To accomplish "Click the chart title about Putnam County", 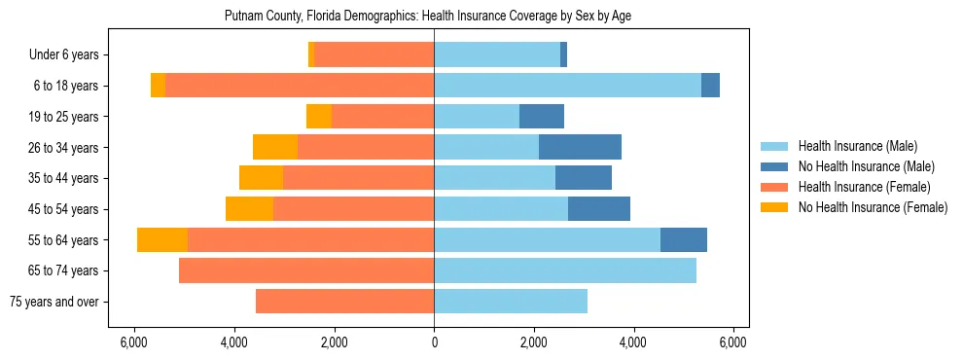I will click(435, 17).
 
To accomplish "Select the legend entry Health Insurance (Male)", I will click(857, 146).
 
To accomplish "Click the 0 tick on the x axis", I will click(434, 342).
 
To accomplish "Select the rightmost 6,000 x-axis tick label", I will click(732, 342).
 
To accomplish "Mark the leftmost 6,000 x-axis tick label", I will click(134, 342).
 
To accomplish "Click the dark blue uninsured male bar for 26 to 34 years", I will click(580, 147).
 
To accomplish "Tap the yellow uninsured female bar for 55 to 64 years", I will click(162, 239).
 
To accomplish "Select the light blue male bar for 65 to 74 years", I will click(565, 270).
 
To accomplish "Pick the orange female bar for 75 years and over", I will click(344, 302).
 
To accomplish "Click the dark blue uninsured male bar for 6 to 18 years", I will click(710, 86).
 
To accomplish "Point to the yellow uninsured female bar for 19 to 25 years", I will click(319, 117).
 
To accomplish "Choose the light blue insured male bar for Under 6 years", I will click(497, 55).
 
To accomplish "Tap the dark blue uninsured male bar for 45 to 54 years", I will click(599, 209).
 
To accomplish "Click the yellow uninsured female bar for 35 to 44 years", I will click(261, 178).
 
